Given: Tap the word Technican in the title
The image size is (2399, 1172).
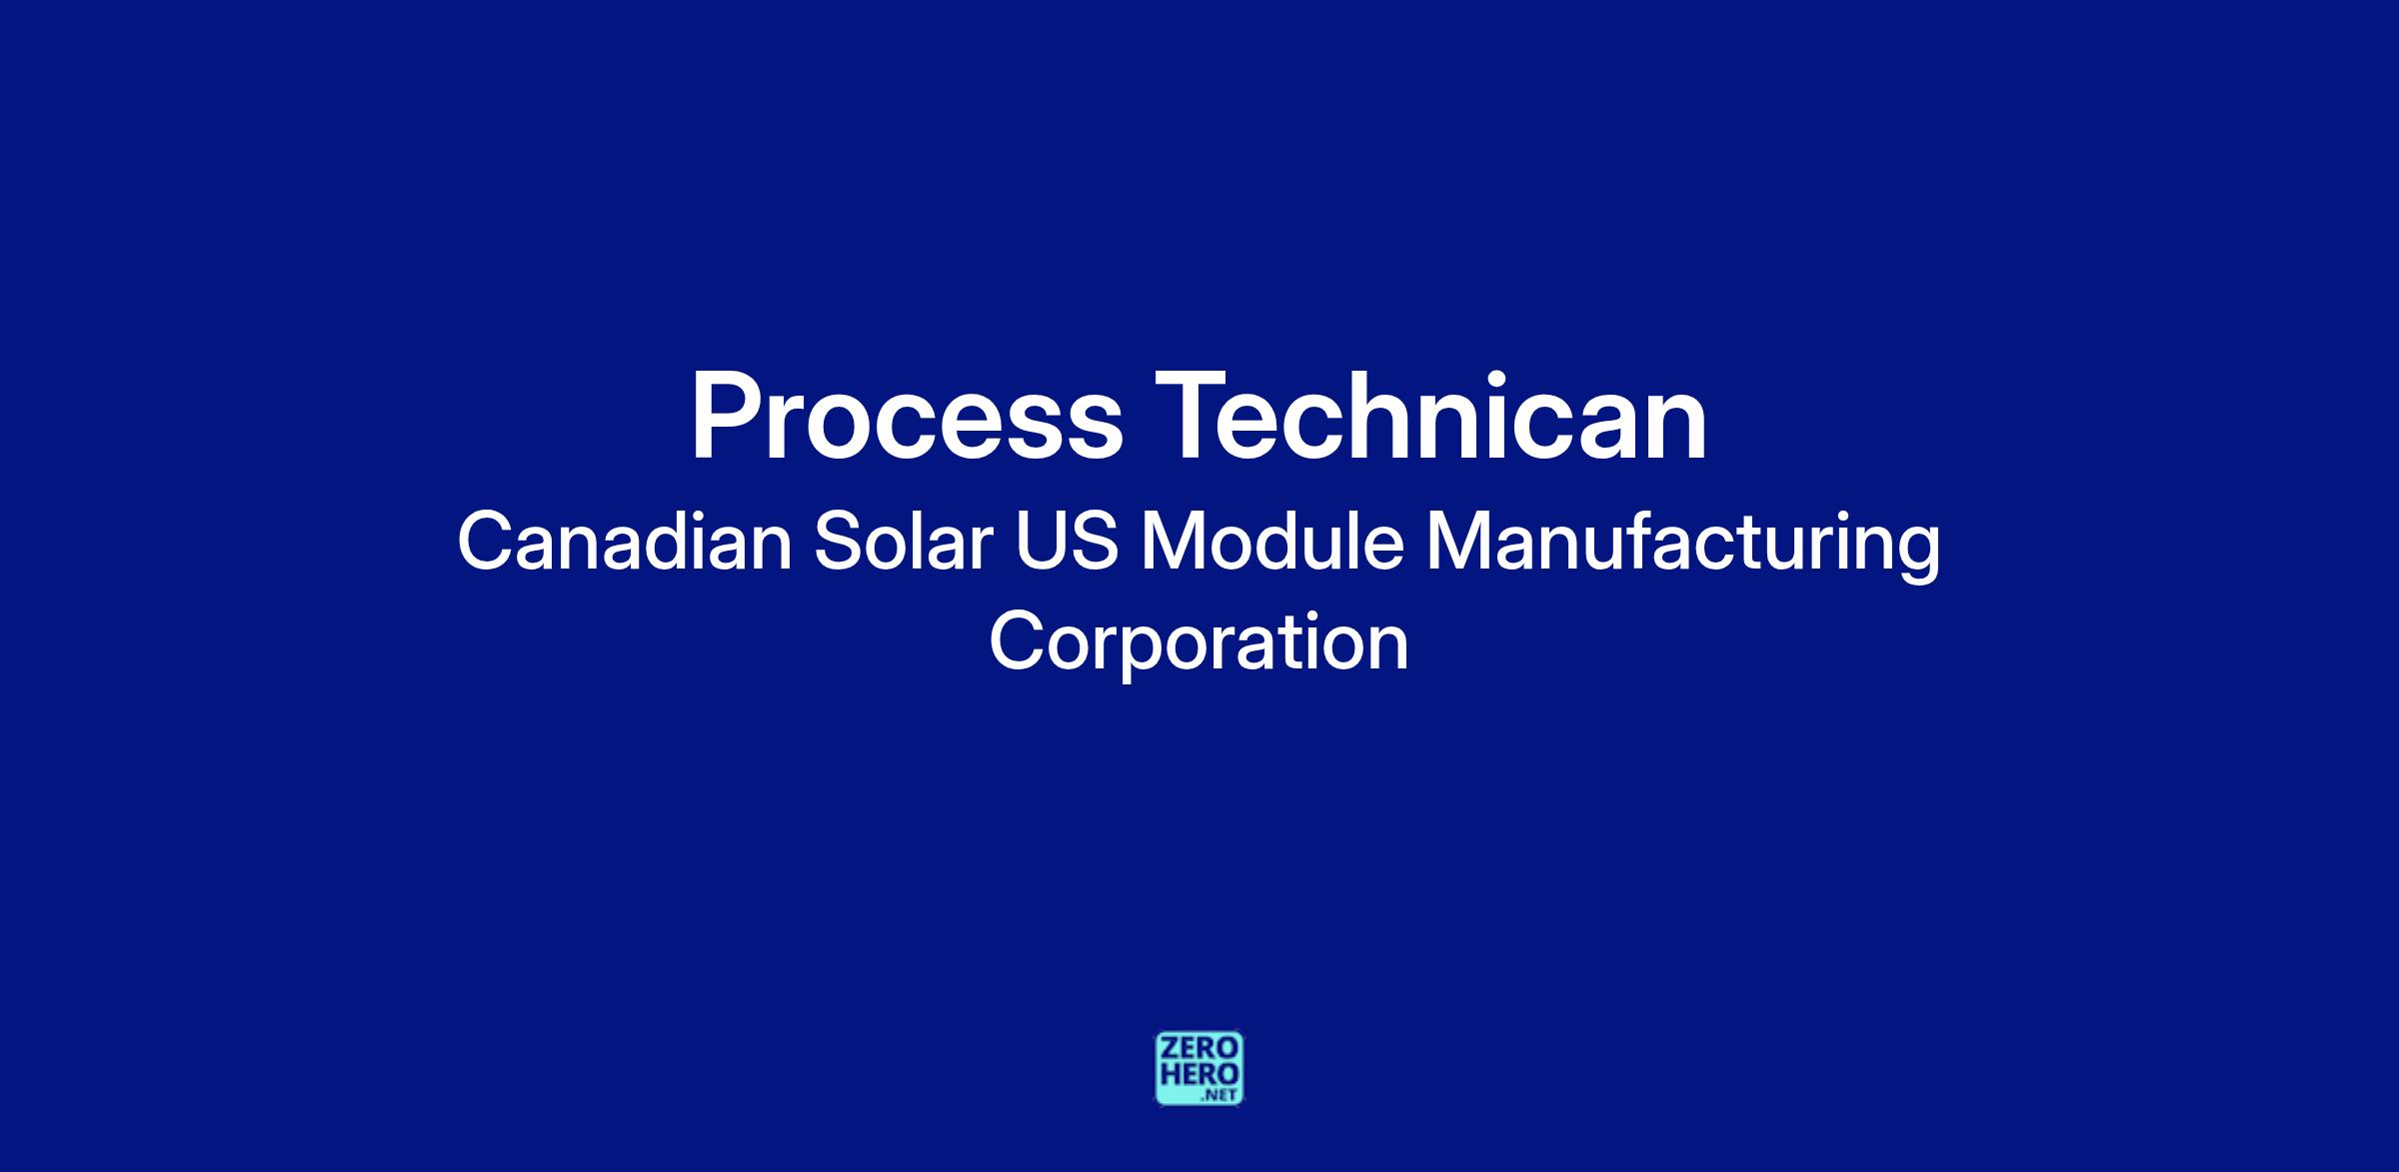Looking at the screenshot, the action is (1431, 415).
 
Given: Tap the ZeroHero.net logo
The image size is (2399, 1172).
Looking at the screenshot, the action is (1199, 1068).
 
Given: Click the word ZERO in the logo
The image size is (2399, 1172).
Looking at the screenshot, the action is (1199, 1048).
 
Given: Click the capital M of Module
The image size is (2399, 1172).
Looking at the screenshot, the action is (1175, 541).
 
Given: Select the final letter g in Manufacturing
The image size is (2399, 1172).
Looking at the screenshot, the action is (1919, 556).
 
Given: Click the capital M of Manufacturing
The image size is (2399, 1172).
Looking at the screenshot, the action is (1458, 541).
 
